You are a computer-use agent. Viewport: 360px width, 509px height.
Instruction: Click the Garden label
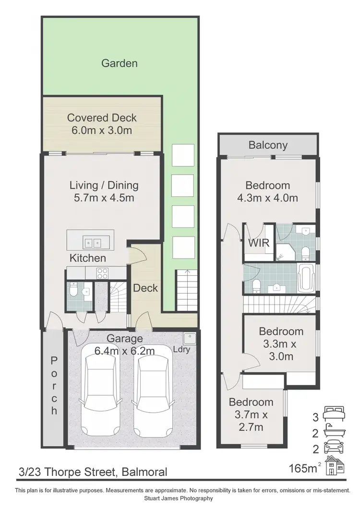[x=120, y=63]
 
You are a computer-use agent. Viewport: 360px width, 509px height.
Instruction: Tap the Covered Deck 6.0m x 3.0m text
[x=102, y=124]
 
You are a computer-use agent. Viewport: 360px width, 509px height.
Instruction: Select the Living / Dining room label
[x=104, y=191]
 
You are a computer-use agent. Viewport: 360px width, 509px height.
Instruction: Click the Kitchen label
[x=88, y=258]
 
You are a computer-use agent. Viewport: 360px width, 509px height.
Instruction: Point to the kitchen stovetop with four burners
[x=103, y=273]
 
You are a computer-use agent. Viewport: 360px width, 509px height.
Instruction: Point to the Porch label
[x=54, y=385]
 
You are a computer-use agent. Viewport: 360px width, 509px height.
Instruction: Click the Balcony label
[x=268, y=145]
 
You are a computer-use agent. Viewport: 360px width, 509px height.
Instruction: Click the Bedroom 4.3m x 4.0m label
[x=268, y=191]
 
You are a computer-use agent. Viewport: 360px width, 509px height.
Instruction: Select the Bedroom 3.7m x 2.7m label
[x=251, y=414]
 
